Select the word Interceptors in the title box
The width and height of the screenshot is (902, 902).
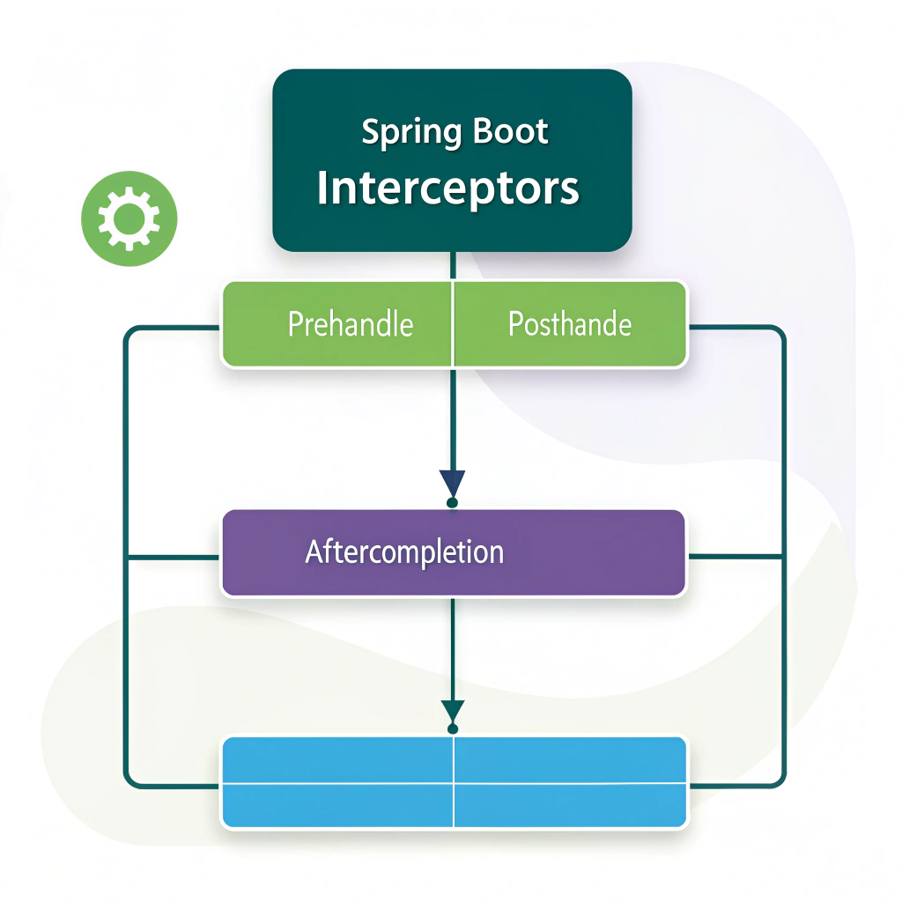click(447, 188)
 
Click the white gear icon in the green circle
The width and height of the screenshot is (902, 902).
click(129, 218)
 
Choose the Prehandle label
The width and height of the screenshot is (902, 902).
click(351, 324)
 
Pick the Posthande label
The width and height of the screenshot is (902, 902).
click(570, 324)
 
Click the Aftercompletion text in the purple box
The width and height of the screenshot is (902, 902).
click(404, 552)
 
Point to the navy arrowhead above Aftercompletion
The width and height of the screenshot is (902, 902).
click(452, 483)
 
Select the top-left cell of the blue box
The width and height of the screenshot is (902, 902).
click(338, 758)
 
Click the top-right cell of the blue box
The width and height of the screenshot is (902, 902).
click(569, 758)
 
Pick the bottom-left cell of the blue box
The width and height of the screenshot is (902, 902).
click(338, 803)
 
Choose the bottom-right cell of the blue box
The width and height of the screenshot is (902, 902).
click(569, 803)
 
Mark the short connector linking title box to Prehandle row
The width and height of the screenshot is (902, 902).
click(452, 266)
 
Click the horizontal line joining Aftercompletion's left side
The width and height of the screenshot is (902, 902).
click(174, 557)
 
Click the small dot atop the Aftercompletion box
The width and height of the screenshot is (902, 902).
click(452, 503)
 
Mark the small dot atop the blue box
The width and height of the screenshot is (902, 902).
click(452, 729)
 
